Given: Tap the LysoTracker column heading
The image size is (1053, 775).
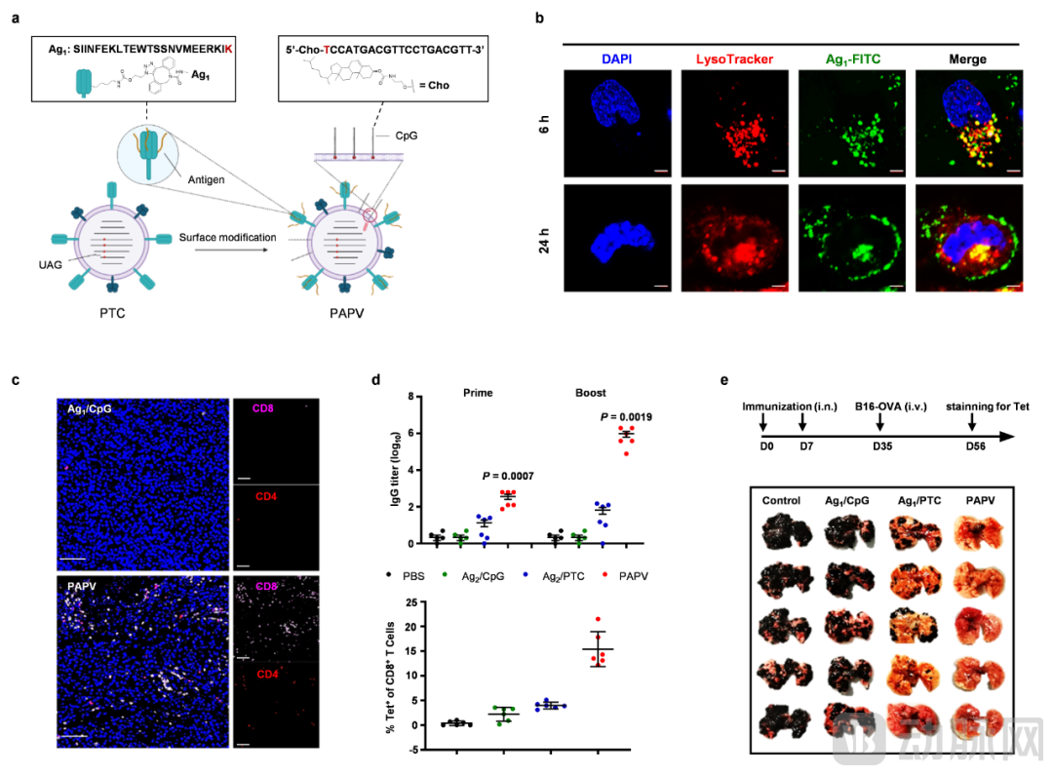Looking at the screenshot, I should point(734,59).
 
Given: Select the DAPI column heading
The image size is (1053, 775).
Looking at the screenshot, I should point(616,59).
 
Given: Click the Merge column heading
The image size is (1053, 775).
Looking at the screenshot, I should point(967,59).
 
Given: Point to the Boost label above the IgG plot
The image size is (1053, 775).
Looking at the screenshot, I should point(590,393).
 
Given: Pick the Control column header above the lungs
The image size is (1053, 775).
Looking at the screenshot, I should point(781,501).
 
